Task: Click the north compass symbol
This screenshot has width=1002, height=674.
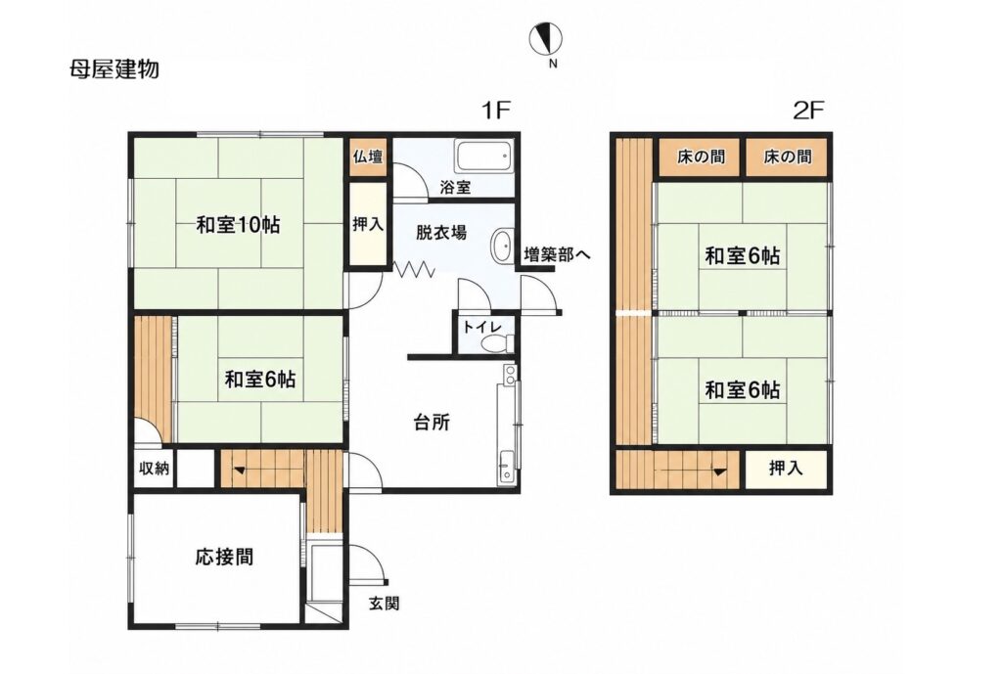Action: point(546,39)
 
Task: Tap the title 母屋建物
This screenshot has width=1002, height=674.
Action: point(114,68)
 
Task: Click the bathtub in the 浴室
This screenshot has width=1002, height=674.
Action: point(483,157)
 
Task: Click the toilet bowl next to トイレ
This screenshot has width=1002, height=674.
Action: point(494,343)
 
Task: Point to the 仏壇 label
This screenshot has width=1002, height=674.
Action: point(368,157)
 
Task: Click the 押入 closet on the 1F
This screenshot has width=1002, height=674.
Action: point(368,224)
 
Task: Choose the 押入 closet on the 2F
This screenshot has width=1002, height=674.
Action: point(786,469)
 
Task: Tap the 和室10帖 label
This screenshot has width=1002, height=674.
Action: point(238,225)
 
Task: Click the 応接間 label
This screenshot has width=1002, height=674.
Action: point(224,557)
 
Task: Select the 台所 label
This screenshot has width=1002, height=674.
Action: point(432,423)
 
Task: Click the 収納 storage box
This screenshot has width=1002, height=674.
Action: point(154,469)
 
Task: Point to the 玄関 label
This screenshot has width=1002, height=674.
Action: point(384,603)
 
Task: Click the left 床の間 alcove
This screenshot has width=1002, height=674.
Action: point(700,157)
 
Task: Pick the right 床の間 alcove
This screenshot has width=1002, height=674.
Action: point(788,157)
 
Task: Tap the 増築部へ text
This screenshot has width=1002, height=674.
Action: point(557,255)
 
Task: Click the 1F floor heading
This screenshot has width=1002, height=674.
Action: point(496,112)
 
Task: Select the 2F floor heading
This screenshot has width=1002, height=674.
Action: point(807,112)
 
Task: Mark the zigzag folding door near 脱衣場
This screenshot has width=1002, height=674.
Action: point(414,269)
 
